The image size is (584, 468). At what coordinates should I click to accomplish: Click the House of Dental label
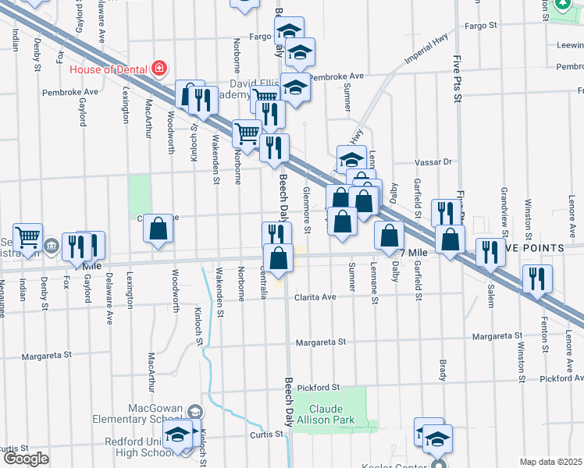click(x=109, y=69)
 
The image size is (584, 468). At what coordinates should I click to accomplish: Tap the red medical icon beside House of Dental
click(x=159, y=69)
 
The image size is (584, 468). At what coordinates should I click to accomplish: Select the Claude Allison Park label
click(x=332, y=414)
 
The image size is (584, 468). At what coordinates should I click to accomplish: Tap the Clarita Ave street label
click(x=315, y=297)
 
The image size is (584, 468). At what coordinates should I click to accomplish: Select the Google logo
click(x=26, y=459)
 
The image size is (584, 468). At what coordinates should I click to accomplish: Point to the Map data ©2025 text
click(x=551, y=462)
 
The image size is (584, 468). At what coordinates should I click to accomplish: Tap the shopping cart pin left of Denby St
click(x=28, y=236)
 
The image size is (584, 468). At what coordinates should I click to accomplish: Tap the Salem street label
click(x=491, y=292)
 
